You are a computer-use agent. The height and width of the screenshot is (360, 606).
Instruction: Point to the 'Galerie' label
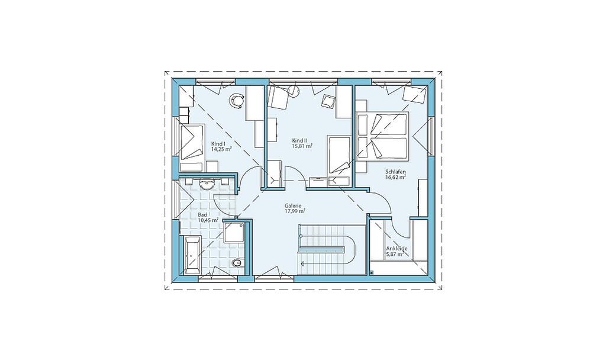(293, 206)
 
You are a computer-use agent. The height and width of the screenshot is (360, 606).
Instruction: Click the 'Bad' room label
(202, 214)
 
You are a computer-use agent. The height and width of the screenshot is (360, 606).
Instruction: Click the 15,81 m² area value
(302, 146)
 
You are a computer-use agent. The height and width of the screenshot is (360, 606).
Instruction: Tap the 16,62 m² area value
(395, 177)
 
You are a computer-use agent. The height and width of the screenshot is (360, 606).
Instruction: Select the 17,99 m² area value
(295, 211)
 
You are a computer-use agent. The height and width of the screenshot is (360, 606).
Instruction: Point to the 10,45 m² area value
(208, 220)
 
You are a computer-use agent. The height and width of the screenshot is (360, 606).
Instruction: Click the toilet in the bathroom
(238, 263)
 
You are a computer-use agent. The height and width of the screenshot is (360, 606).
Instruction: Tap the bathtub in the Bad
(192, 255)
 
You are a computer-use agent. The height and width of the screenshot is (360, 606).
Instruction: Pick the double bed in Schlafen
(383, 136)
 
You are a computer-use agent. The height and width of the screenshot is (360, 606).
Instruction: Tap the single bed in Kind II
(339, 154)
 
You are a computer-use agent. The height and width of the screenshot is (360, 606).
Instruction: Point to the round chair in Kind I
(237, 101)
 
